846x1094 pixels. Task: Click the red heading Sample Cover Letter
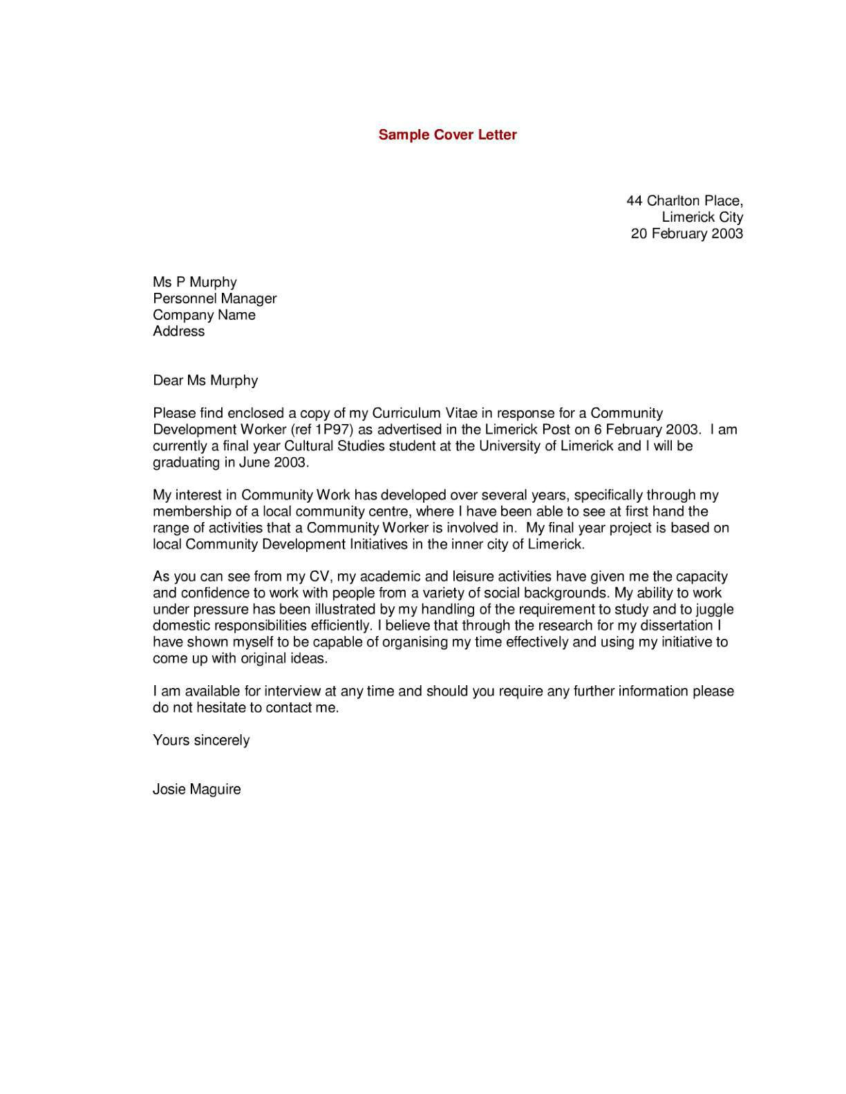point(447,135)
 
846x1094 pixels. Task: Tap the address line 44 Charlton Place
point(684,201)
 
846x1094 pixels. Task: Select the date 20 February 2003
point(686,233)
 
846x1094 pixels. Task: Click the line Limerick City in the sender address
point(702,217)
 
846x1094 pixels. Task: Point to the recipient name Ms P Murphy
point(194,282)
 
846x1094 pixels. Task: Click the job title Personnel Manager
point(214,298)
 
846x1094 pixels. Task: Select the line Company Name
point(204,315)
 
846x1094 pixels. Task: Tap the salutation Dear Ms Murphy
point(205,380)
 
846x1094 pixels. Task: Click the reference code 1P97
point(332,430)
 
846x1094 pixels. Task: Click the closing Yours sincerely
point(200,740)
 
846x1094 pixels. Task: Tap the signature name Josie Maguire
point(196,789)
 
